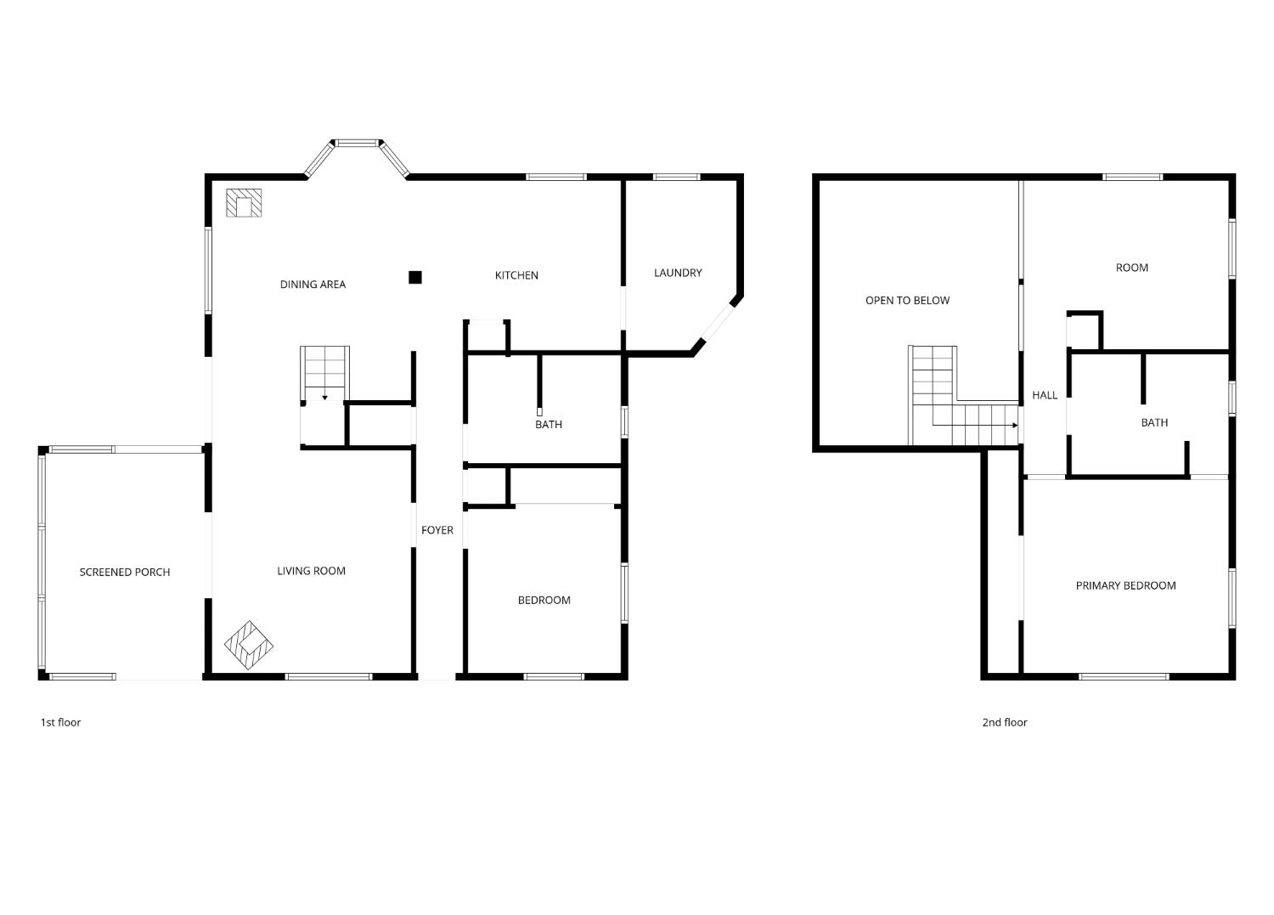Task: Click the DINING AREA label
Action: click(313, 285)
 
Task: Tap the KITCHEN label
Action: click(516, 275)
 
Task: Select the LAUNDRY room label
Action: click(678, 273)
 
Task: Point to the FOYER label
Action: click(437, 530)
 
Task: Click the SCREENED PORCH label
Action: click(125, 573)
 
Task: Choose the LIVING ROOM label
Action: click(311, 571)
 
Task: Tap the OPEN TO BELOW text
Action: click(908, 301)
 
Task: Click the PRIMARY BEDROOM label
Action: click(1126, 585)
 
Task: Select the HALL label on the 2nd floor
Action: click(1045, 395)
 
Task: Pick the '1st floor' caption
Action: click(61, 722)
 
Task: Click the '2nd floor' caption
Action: click(1005, 722)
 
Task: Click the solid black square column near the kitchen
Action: click(415, 278)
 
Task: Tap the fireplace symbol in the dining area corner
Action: click(244, 203)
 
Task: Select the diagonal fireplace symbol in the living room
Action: click(249, 645)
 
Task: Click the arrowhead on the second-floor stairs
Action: click(1015, 425)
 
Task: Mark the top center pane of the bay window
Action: click(357, 143)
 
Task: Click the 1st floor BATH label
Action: click(549, 425)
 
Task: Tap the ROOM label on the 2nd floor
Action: click(1132, 268)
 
